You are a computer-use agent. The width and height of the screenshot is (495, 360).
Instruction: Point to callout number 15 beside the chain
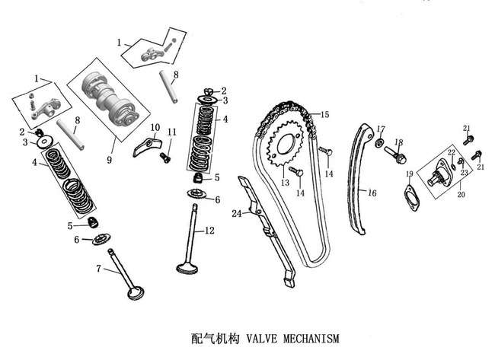coord(324,114)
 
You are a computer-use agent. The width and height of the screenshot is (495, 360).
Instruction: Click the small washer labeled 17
coord(378,144)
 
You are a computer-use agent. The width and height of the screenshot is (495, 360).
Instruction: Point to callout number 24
coord(236,214)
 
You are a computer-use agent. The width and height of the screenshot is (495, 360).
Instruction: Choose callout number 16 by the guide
coord(372,193)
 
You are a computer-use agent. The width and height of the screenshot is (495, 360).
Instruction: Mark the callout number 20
coord(459,194)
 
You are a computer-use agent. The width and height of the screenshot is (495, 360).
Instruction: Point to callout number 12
coord(210,231)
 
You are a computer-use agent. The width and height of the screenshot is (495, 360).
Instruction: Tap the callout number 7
coord(98,269)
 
